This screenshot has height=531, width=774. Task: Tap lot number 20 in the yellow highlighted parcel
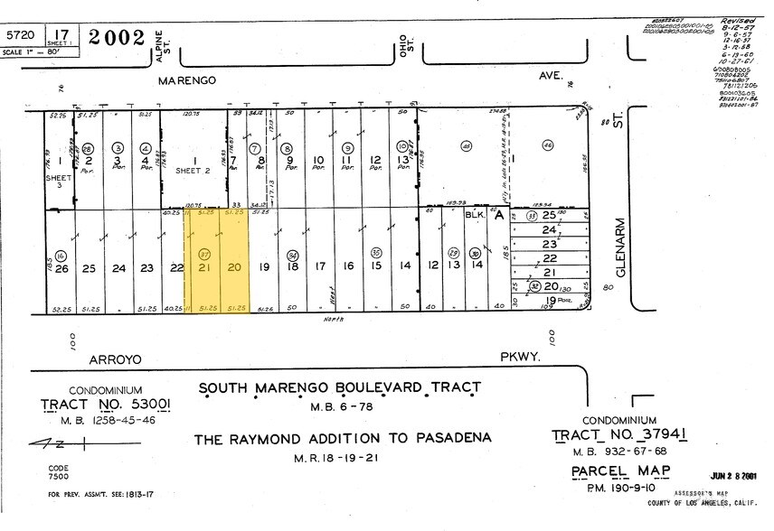coord(233,268)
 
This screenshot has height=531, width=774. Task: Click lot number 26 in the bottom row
coord(61,268)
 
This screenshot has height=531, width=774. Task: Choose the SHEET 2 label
coord(192,170)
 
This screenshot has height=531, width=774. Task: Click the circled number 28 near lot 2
coord(88,147)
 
